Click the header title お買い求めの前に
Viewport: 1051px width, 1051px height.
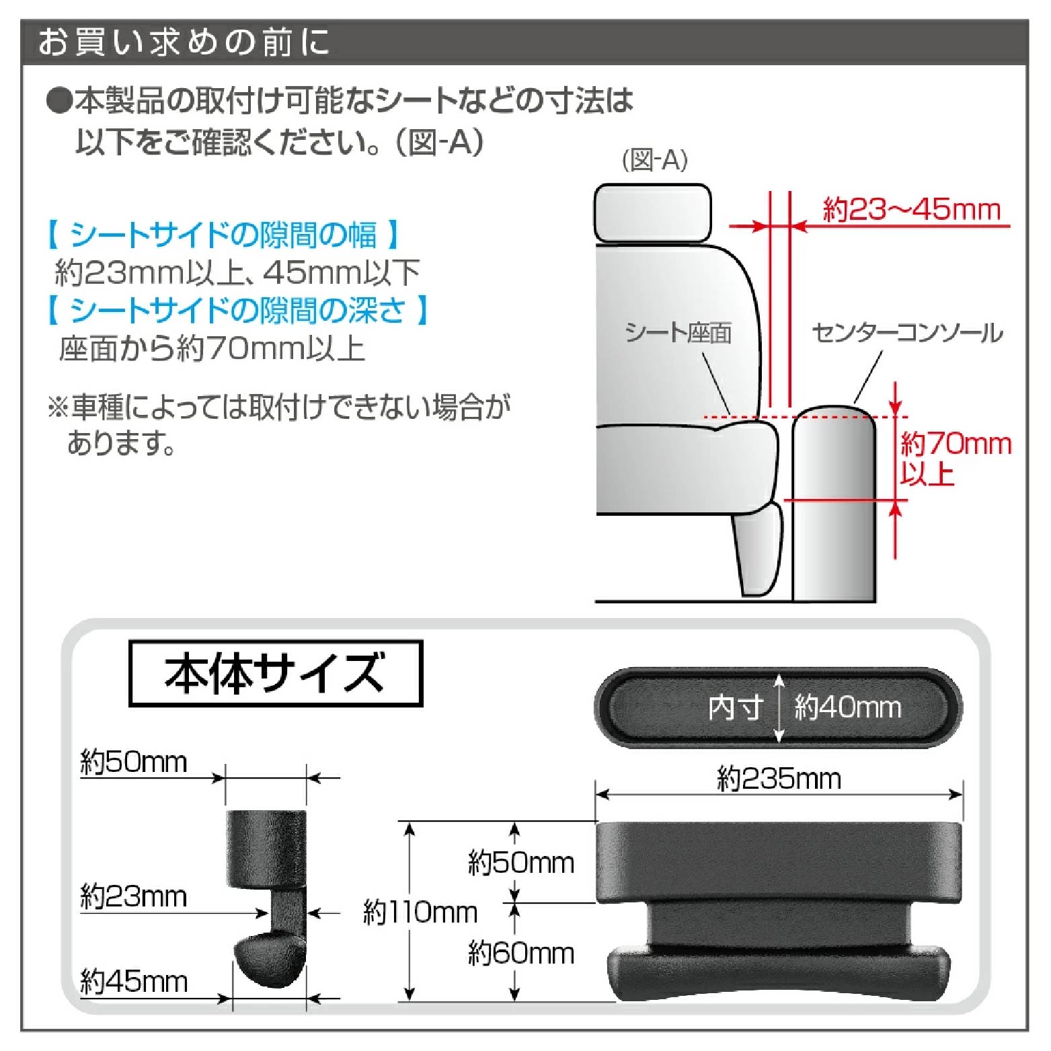[x=183, y=42]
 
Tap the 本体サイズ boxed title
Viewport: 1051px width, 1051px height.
[x=275, y=673]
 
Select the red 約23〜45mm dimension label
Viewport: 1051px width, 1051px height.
[x=912, y=210]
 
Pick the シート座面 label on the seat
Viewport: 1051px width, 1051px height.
[x=678, y=333]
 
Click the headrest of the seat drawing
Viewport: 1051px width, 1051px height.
[x=652, y=212]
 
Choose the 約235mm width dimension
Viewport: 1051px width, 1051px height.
[x=779, y=779]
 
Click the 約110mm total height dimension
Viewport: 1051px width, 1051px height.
[x=420, y=912]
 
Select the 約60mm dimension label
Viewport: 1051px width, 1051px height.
[x=521, y=953]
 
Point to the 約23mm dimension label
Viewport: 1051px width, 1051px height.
[x=133, y=897]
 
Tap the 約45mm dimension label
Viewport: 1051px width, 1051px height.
[x=133, y=982]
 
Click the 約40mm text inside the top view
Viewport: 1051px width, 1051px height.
[x=847, y=707]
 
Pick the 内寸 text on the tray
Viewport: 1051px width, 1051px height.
[x=736, y=707]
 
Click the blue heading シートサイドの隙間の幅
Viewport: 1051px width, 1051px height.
[x=224, y=235]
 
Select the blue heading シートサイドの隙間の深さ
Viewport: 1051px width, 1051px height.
[x=237, y=310]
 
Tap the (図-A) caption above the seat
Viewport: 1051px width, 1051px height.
[x=654, y=160]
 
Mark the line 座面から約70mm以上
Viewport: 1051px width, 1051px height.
[x=212, y=348]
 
